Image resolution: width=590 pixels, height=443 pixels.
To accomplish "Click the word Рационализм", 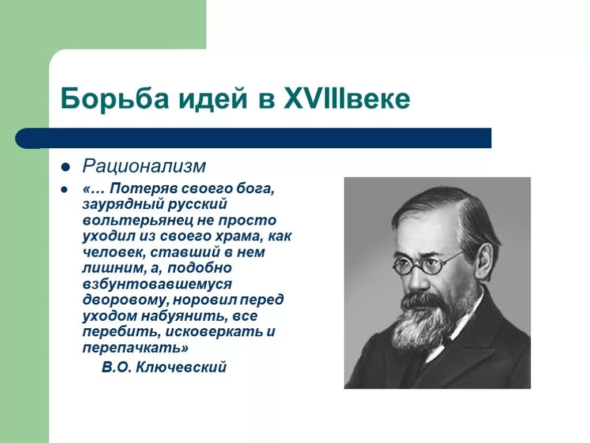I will (x=144, y=166).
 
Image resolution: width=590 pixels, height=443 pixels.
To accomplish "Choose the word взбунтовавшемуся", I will (x=157, y=284).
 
